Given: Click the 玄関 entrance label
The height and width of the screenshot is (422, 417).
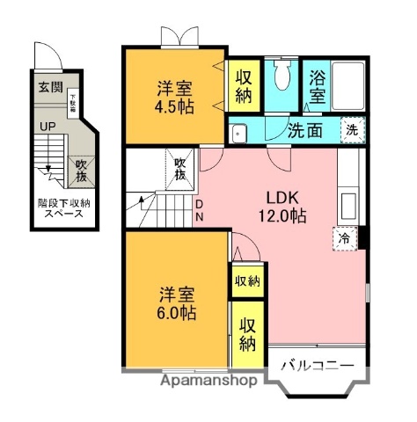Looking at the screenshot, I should coord(50,87).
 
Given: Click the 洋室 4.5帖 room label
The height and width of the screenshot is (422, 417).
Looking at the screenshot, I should coord(174,98).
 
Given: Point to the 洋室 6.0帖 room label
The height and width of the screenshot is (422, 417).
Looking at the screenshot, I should coord(176,302).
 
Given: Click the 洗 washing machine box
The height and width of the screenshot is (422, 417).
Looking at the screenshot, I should coord(351,128).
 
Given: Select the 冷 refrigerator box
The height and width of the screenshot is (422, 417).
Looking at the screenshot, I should coord(345,237).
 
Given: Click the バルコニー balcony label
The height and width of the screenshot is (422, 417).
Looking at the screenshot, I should coord(318,364).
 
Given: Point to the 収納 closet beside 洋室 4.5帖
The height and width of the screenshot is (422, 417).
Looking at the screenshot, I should coord(244,84).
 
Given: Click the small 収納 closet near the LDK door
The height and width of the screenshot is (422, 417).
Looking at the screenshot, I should coord(246,281).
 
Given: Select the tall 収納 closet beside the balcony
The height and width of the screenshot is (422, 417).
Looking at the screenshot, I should coord(248,332).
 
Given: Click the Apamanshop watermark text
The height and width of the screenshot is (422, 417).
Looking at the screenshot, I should coord(209,382).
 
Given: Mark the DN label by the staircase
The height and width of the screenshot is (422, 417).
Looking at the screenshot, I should coord(200,211).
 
